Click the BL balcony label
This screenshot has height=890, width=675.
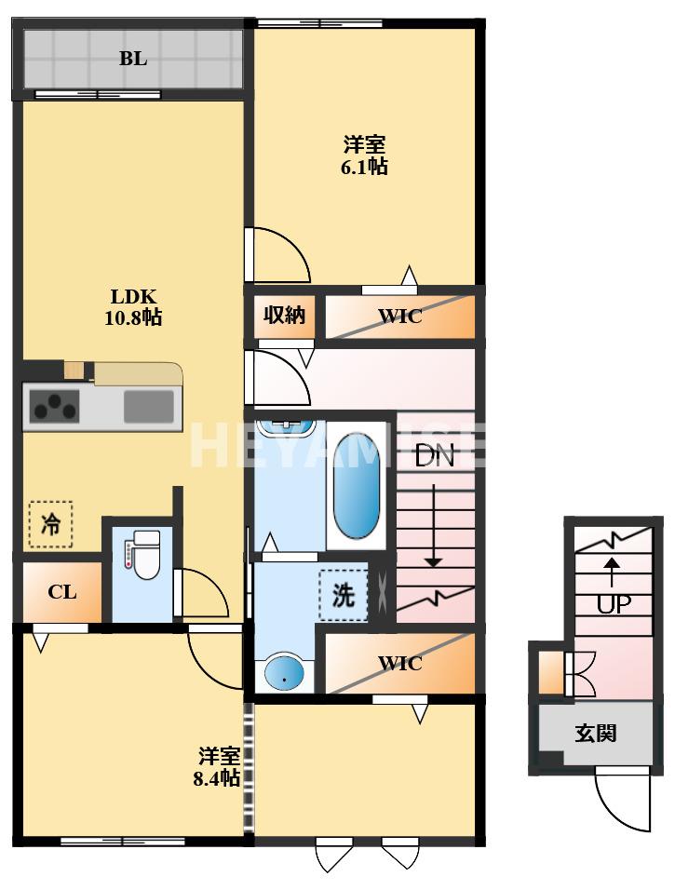[132, 59]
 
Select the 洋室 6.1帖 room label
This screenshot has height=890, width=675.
[365, 155]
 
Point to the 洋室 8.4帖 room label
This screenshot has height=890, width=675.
[218, 767]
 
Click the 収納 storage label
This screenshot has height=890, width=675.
[284, 316]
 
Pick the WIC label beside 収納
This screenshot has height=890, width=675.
[399, 317]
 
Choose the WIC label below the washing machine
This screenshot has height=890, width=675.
[399, 664]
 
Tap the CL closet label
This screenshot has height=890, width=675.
[62, 592]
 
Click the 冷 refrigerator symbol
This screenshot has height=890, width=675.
[50, 524]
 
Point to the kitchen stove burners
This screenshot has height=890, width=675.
[55, 407]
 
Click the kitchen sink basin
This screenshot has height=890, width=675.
[149, 407]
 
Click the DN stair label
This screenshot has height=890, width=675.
[434, 456]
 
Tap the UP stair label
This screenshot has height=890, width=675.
[613, 603]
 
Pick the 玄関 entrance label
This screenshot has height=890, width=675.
[594, 734]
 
